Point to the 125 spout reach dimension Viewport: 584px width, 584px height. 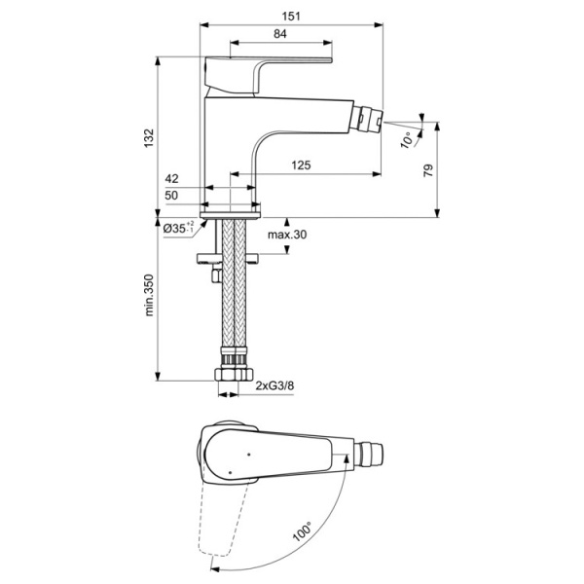click(301, 166)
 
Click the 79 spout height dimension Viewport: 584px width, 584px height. click(428, 172)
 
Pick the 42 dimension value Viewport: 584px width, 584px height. click(172, 179)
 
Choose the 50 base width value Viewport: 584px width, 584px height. click(172, 196)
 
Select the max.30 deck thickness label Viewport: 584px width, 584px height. click(288, 236)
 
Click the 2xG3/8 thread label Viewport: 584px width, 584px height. click(274, 385)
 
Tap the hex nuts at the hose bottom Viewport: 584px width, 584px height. click(235, 374)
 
